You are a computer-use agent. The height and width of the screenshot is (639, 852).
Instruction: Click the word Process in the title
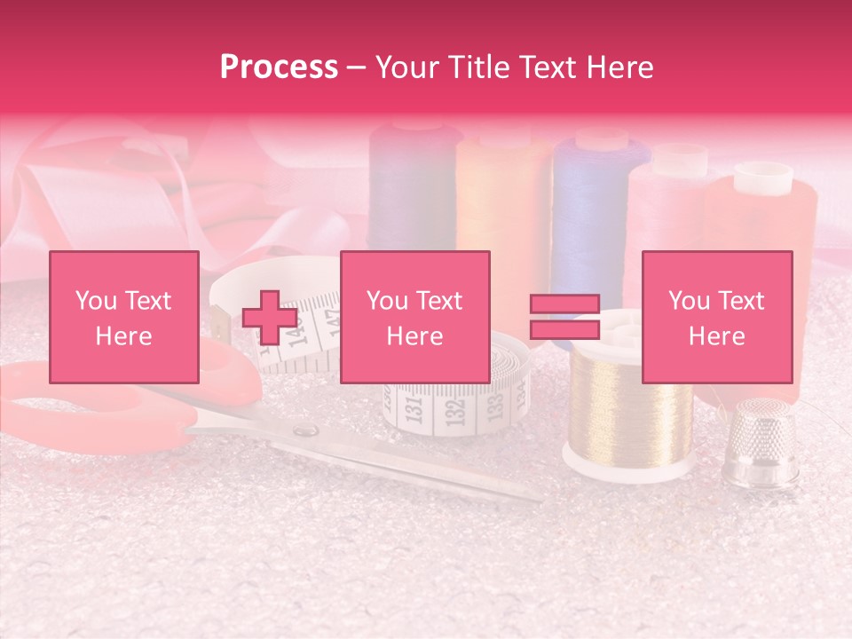click(279, 67)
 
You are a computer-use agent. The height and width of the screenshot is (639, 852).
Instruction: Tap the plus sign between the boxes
click(270, 317)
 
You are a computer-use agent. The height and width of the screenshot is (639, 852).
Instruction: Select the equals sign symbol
click(565, 317)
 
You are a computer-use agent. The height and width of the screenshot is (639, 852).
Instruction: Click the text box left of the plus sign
click(124, 317)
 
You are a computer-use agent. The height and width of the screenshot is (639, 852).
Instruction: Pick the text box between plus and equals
click(415, 317)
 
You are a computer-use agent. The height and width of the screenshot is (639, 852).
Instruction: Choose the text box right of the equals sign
click(717, 317)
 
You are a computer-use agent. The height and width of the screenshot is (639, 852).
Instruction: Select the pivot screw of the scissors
click(304, 431)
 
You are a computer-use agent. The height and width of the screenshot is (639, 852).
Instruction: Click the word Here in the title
click(619, 67)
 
